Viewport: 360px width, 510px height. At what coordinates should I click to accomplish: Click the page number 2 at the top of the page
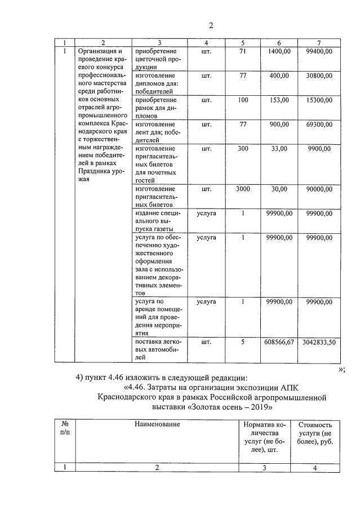[211, 25]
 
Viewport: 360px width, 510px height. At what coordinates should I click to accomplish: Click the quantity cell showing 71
[243, 52]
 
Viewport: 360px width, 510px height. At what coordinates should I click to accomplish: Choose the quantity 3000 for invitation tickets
[243, 189]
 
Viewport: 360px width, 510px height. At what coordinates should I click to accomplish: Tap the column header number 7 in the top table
[319, 43]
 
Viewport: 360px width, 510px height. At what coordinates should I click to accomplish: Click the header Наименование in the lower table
[157, 424]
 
